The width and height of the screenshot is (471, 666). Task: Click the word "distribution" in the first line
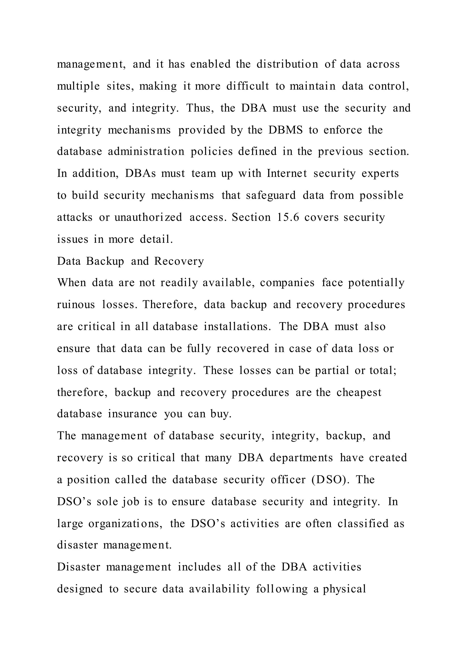[287, 64]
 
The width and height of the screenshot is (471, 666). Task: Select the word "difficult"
[248, 86]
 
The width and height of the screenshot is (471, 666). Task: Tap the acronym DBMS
[285, 130]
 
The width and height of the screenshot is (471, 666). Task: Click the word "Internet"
[287, 173]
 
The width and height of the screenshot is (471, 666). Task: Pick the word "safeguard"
[271, 195]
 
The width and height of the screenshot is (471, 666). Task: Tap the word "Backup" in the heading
[105, 261]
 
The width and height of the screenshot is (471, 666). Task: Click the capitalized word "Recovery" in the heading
[179, 261]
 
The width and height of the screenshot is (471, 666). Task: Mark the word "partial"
[332, 370]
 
